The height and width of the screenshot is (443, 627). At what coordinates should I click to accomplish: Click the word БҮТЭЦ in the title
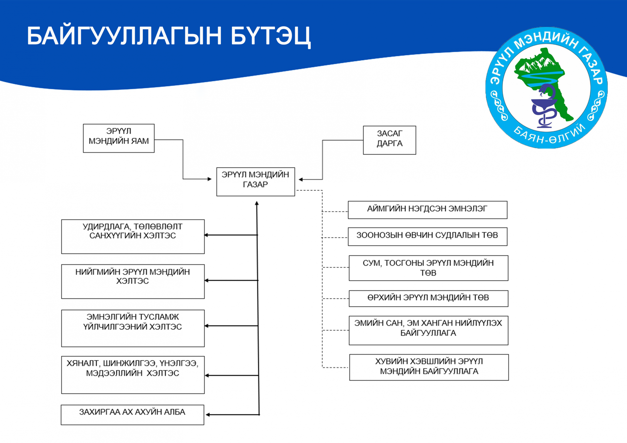tap(270, 36)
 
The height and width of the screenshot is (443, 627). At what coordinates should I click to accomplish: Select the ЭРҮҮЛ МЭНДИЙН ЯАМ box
tap(119, 138)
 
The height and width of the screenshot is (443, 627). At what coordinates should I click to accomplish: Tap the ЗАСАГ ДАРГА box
tap(389, 140)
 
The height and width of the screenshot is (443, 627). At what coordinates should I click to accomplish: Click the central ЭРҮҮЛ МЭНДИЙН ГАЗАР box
tap(255, 181)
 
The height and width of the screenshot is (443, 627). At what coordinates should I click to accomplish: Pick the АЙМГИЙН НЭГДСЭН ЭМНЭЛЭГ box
tap(427, 210)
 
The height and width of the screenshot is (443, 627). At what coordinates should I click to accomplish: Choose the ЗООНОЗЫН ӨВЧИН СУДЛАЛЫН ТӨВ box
tap(427, 236)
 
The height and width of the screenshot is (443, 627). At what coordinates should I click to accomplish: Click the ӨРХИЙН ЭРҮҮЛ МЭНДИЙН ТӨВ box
tap(428, 298)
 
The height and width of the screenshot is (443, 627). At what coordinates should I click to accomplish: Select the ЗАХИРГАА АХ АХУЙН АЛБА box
tap(132, 415)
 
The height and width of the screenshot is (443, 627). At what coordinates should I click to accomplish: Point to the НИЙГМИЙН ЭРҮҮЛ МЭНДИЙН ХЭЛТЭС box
tap(133, 281)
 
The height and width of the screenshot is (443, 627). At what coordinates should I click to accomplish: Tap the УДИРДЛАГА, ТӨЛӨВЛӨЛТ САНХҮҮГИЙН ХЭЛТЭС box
tap(133, 236)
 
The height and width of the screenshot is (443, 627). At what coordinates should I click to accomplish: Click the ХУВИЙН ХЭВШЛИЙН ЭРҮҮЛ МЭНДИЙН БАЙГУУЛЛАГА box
tap(429, 367)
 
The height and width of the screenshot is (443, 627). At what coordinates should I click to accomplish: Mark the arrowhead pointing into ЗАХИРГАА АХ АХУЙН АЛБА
tap(208, 415)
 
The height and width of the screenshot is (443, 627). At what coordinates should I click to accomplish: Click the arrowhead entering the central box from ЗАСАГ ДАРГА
tap(300, 179)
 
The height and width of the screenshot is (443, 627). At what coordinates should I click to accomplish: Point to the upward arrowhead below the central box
tap(257, 203)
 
